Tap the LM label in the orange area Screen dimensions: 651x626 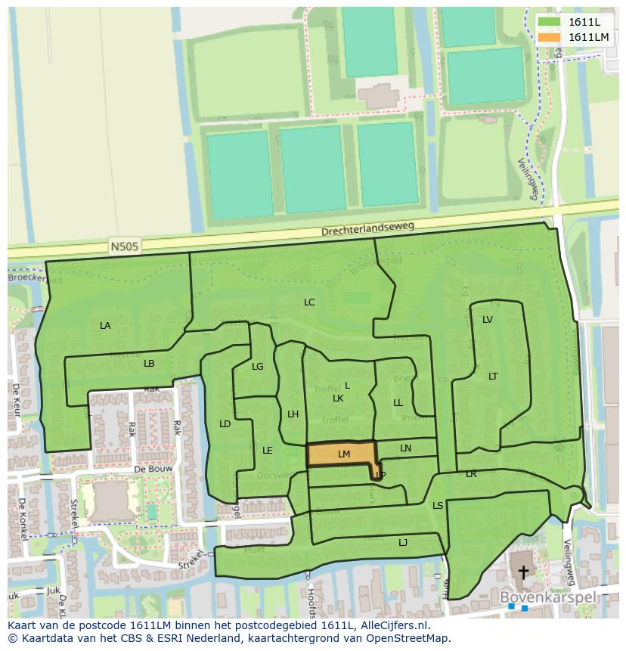(344, 454)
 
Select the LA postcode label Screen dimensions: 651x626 (105, 326)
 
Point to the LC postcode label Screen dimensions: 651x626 (309, 302)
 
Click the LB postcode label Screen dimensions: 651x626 (149, 364)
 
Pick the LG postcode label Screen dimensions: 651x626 (258, 367)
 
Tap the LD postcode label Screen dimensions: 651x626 (225, 424)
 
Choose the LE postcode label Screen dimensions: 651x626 (268, 451)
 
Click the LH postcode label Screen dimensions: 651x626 (293, 414)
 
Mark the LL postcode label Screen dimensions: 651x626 (398, 403)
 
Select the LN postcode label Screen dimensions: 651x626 (406, 448)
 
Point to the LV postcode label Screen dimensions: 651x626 (488, 320)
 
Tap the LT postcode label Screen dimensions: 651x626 (493, 377)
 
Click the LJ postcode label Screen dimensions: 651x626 (403, 542)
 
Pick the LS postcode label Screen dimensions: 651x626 (438, 506)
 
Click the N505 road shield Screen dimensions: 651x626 (120, 246)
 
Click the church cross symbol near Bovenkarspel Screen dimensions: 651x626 (522, 572)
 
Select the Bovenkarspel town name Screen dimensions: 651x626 (548, 597)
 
